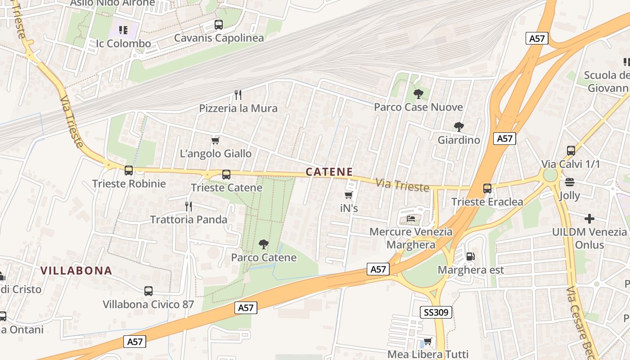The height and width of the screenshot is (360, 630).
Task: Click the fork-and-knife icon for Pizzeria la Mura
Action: click(x=238, y=95)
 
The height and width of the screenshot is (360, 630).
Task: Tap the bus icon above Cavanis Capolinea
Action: click(x=219, y=25)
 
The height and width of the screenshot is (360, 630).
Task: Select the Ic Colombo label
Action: click(x=123, y=44)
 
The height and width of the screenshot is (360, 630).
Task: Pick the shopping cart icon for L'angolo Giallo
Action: click(x=216, y=141)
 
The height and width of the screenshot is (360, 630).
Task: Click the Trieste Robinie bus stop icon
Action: click(x=129, y=171)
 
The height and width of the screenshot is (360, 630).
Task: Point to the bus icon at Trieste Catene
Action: click(x=226, y=175)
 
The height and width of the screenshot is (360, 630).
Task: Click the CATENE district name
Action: click(x=329, y=172)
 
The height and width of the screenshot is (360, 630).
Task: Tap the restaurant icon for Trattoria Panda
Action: click(x=189, y=207)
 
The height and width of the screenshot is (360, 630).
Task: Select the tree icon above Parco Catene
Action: click(x=264, y=244)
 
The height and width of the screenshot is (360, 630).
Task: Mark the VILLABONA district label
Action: click(x=76, y=270)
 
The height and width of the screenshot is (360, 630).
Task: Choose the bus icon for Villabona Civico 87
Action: click(x=148, y=291)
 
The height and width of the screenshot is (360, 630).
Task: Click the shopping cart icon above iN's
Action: click(x=348, y=195)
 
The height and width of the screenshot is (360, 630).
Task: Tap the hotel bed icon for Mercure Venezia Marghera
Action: click(x=411, y=219)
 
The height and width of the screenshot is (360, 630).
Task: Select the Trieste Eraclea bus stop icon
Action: click(x=487, y=189)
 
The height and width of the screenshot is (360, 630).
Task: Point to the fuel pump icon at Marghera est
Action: click(x=470, y=256)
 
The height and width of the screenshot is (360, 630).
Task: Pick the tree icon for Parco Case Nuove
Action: click(x=418, y=94)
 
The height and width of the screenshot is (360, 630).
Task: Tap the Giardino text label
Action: click(x=459, y=140)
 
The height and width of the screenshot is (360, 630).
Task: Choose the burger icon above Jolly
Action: click(x=570, y=182)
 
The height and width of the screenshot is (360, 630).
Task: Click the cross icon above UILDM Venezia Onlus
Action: click(x=589, y=219)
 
